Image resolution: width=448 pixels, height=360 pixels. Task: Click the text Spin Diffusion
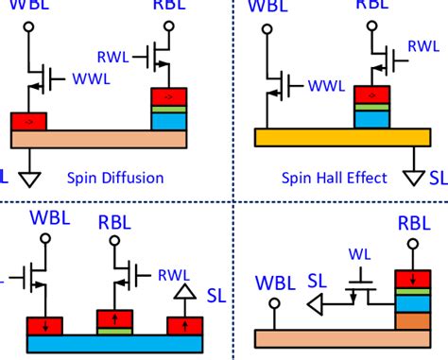click(x=115, y=177)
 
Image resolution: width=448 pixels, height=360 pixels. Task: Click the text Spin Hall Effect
click(x=336, y=177)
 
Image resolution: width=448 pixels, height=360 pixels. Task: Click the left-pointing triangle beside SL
click(x=322, y=305)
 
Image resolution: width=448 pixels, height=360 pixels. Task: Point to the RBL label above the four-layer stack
click(x=414, y=224)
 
